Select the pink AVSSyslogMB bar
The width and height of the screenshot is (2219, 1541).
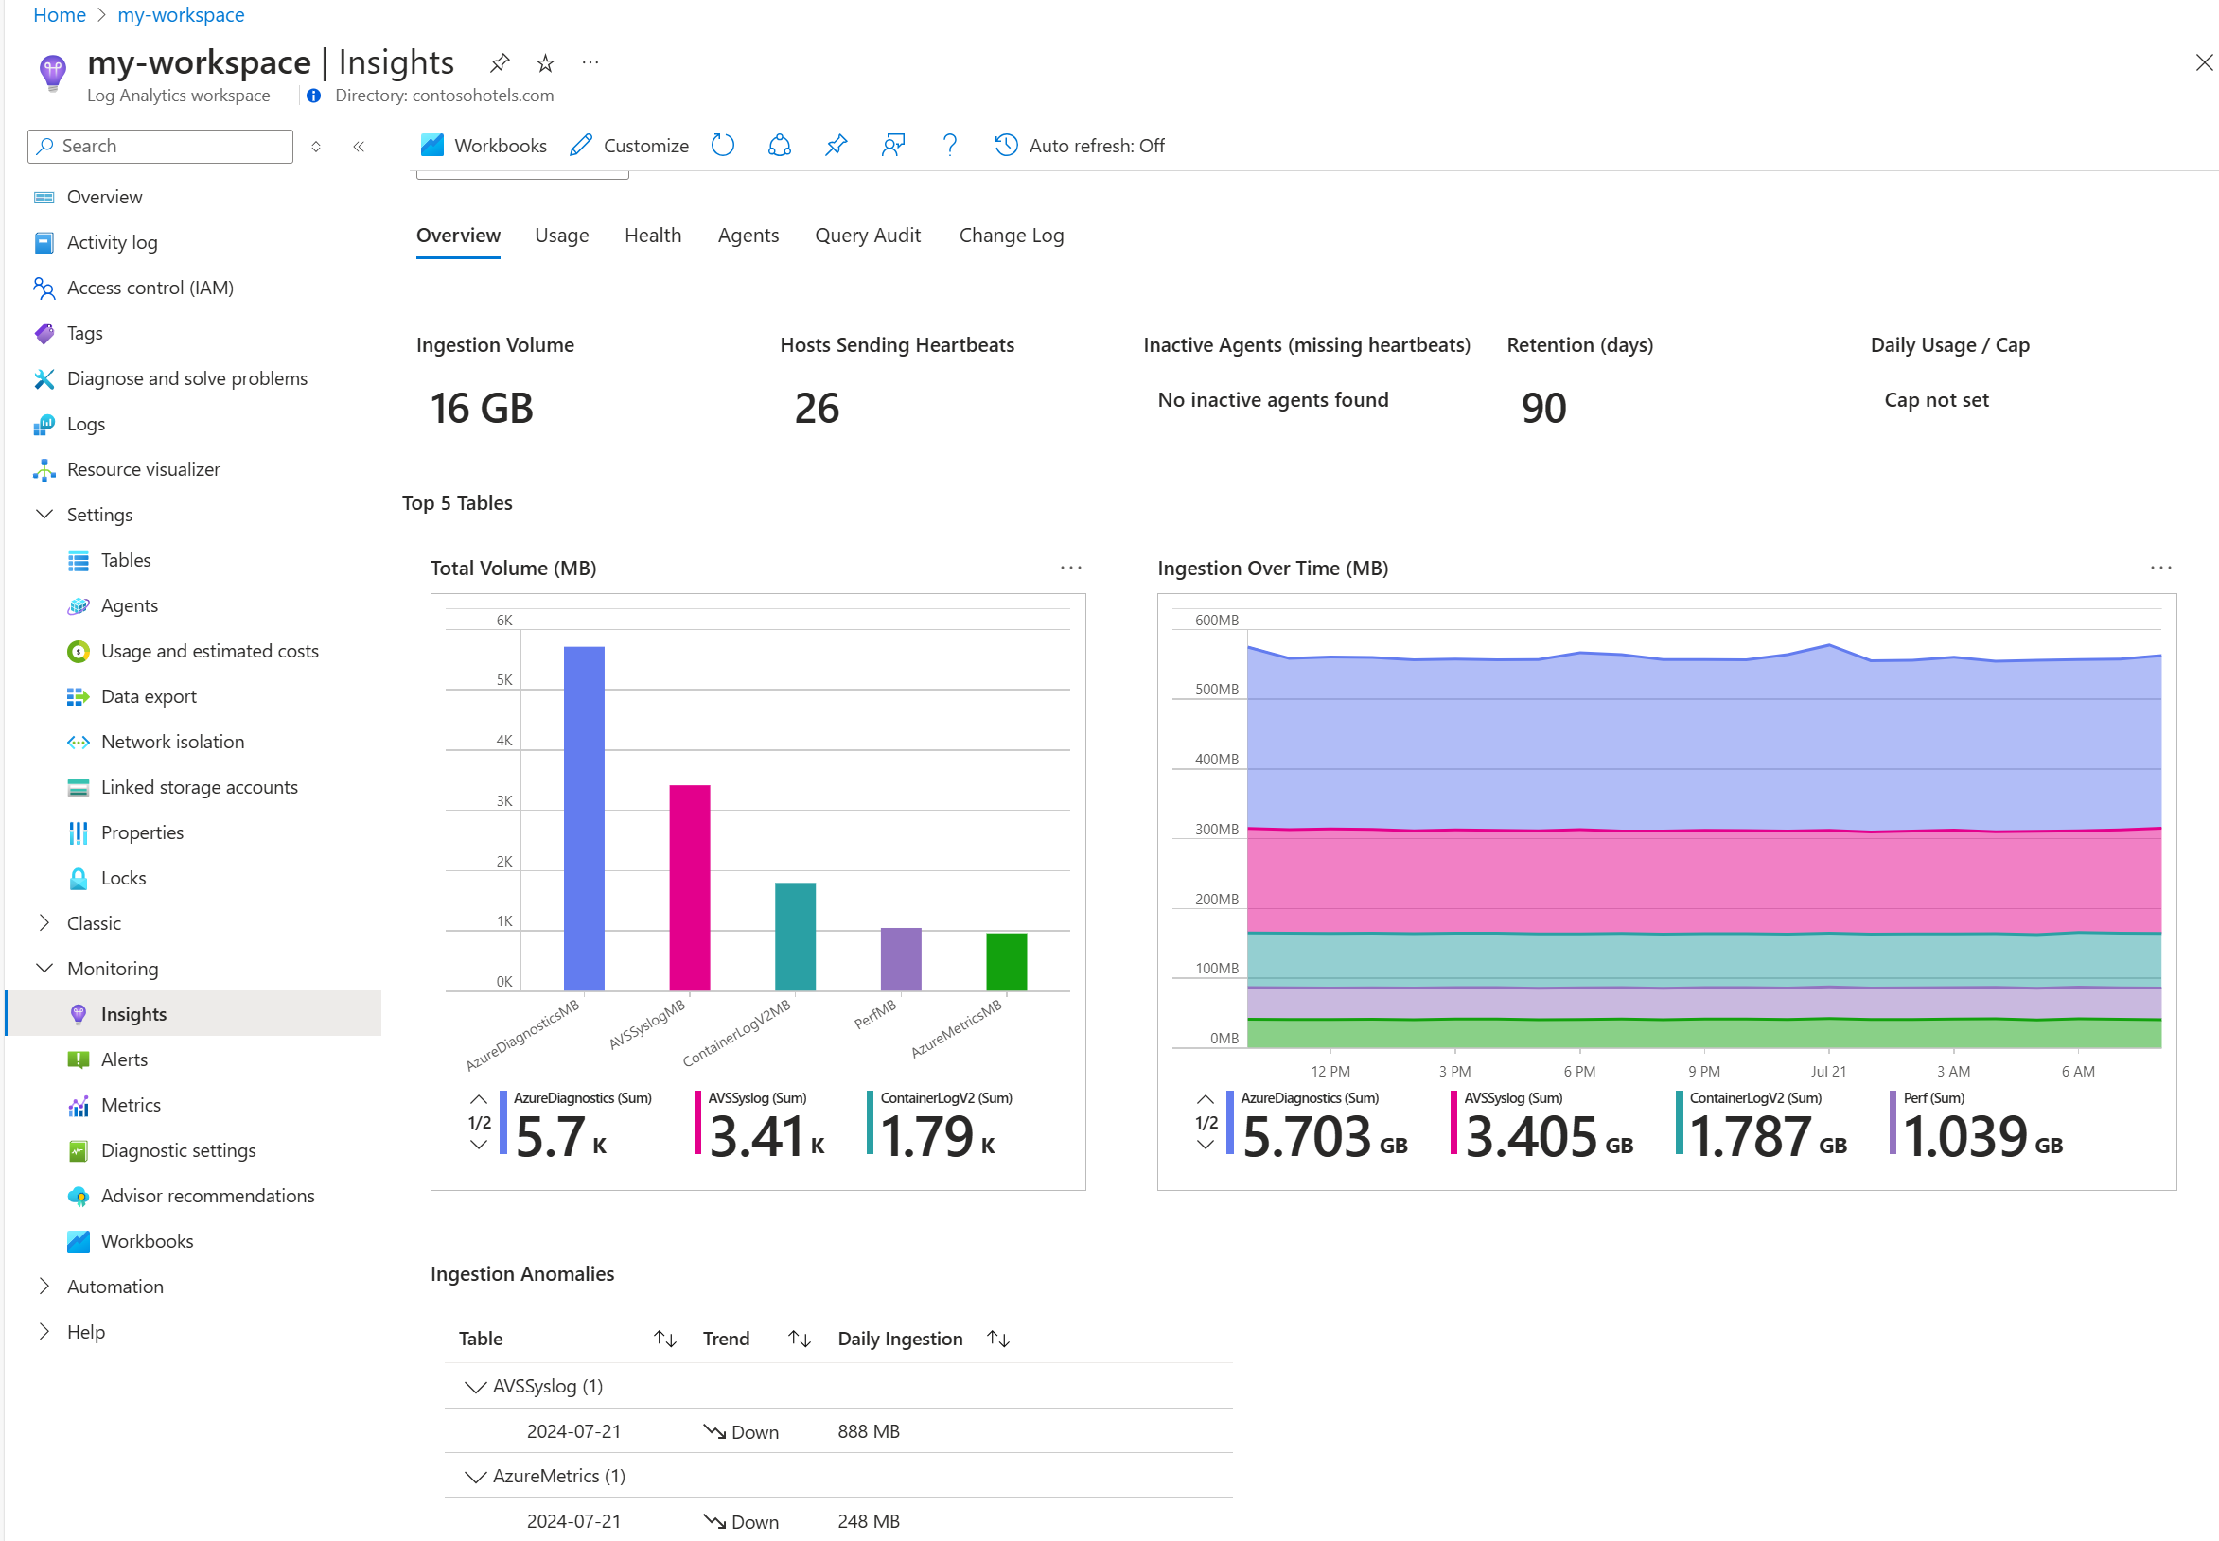coord(690,887)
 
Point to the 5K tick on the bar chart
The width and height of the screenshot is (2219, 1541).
coord(504,680)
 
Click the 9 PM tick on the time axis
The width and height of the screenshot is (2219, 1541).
coord(1703,1071)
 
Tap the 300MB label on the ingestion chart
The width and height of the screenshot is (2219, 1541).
coord(1216,830)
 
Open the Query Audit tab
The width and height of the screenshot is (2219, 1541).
coord(867,236)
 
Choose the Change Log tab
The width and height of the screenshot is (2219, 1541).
coord(1011,236)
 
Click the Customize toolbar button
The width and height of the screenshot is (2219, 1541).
coord(629,146)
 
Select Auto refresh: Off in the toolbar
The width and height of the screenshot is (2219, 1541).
coord(1080,146)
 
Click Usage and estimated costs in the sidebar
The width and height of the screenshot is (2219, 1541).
coord(209,651)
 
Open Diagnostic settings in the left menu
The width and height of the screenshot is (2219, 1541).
coord(179,1150)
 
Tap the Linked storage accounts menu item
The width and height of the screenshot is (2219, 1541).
coord(199,787)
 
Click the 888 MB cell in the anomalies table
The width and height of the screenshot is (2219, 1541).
coord(868,1431)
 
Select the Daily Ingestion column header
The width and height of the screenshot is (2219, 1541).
coord(900,1339)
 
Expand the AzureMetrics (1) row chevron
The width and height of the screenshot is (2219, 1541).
coord(474,1477)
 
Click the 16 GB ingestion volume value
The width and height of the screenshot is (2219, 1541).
coord(482,409)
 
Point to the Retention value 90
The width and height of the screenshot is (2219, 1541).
coord(1543,409)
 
